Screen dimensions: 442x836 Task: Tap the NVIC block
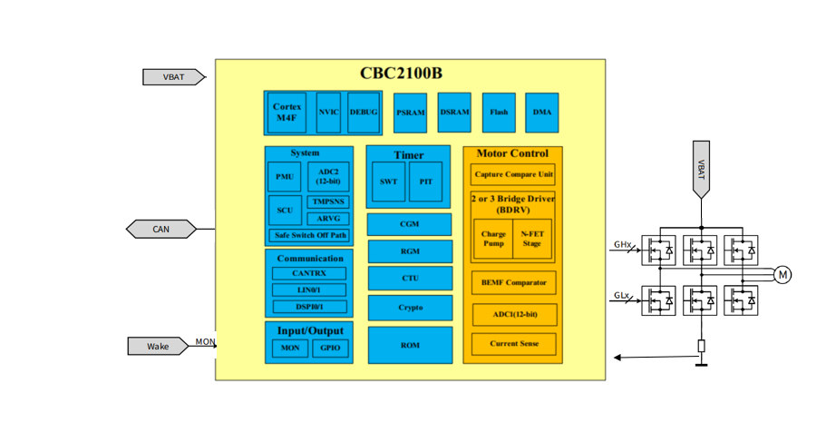(x=328, y=113)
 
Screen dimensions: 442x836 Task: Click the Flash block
(x=499, y=113)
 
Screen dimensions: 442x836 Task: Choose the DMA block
(x=541, y=113)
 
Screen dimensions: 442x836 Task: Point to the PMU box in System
(x=285, y=177)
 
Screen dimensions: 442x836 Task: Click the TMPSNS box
(x=327, y=201)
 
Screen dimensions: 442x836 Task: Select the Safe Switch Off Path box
(x=309, y=235)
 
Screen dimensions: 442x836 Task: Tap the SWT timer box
(x=388, y=182)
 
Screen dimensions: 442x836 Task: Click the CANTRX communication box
(x=309, y=272)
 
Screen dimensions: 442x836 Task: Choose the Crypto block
(x=410, y=308)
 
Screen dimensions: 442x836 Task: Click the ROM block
(x=410, y=345)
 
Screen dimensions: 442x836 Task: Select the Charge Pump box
(x=492, y=238)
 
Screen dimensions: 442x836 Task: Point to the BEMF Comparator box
(x=513, y=282)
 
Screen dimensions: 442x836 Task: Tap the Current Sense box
(x=513, y=344)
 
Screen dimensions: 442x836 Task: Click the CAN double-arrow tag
(x=160, y=229)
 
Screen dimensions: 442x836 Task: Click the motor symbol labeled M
(x=782, y=274)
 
